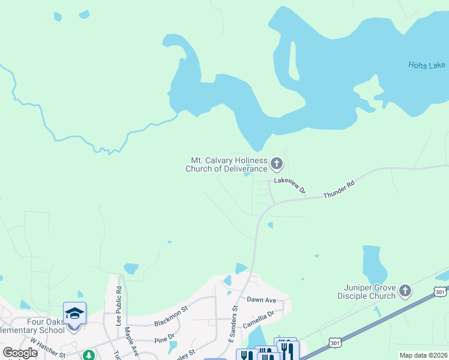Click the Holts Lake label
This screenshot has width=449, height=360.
pos(427,65)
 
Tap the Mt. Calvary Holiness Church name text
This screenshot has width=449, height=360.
pos(229,164)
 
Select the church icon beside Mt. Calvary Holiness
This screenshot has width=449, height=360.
pos(277,163)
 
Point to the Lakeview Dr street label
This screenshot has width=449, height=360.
pos(291,185)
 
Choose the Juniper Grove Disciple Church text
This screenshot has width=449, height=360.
pos(366,292)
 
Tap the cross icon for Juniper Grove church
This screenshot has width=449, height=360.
pos(405,292)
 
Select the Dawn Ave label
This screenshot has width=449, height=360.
pos(261,299)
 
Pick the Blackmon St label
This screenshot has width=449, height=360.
pos(170,316)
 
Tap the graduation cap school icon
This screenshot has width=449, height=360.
pos(75,313)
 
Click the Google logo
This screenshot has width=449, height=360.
pos(20,353)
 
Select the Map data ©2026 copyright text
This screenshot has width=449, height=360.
pos(423,355)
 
